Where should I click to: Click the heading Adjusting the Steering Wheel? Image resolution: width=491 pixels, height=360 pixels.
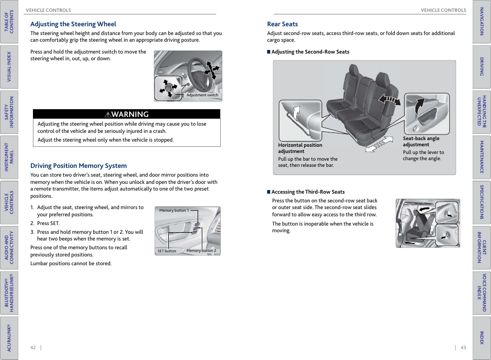[x=73, y=24]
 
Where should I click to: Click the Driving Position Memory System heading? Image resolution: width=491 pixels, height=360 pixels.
[x=78, y=166]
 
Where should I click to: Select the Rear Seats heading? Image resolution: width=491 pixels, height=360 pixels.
[x=282, y=24]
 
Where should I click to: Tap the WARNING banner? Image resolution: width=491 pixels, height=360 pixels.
[x=127, y=114]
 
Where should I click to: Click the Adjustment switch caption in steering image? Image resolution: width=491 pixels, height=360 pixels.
[x=202, y=95]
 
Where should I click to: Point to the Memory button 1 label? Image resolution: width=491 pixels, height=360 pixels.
[x=174, y=210]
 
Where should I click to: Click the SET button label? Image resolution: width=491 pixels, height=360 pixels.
[x=167, y=251]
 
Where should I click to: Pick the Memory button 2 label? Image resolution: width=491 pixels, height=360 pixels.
[x=201, y=251]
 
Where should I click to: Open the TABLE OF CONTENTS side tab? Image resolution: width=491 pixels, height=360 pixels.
[x=9, y=22]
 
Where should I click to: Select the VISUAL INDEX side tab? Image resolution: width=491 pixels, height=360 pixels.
[x=9, y=66]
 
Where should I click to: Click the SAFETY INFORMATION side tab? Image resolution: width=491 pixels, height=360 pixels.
[x=9, y=112]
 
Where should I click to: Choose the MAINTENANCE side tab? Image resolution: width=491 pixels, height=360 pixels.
[x=482, y=157]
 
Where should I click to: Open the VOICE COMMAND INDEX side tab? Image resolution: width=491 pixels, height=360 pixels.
[x=482, y=293]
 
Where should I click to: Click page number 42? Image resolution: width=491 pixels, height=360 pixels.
[x=33, y=348]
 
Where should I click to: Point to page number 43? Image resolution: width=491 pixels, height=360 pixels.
[x=463, y=348]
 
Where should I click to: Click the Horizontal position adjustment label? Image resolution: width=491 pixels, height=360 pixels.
[x=300, y=148]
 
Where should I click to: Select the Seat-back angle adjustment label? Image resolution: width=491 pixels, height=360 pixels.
[x=421, y=142]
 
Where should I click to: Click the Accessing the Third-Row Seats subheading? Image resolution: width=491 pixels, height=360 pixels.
[x=308, y=192]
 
